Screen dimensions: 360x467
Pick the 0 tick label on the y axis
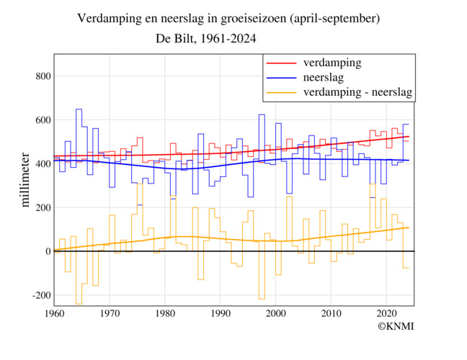click(x=45, y=251)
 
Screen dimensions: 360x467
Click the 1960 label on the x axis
click(x=54, y=314)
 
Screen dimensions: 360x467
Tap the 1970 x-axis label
click(x=110, y=314)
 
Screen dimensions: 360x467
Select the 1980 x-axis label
click(x=165, y=314)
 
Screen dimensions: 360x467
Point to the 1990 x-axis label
click(x=221, y=314)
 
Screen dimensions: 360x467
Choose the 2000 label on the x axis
click(x=276, y=314)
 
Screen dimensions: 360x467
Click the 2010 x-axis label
click(x=332, y=314)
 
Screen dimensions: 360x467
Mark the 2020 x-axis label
click(x=387, y=314)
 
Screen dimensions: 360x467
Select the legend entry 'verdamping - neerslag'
click(x=358, y=92)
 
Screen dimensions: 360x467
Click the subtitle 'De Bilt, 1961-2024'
click(x=205, y=38)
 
